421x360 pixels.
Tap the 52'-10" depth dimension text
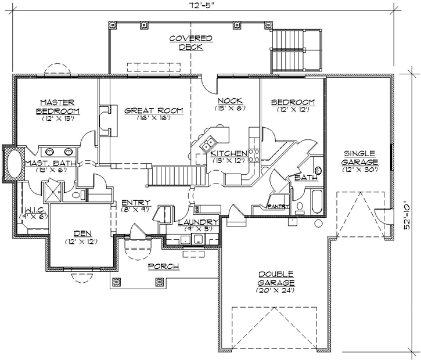click(407, 217)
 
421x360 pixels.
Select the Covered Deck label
click(191, 43)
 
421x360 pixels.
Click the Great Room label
click(154, 110)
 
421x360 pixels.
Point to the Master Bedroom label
click(57, 106)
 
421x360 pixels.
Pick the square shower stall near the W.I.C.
click(53, 191)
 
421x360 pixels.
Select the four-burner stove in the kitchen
click(254, 156)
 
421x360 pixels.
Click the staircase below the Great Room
click(177, 175)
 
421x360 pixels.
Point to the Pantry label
click(278, 207)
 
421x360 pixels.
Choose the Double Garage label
click(276, 278)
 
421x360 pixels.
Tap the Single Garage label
click(360, 157)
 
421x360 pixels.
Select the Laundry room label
click(199, 222)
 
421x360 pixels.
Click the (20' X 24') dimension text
click(276, 290)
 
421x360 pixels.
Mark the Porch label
click(164, 267)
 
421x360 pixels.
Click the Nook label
click(230, 100)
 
